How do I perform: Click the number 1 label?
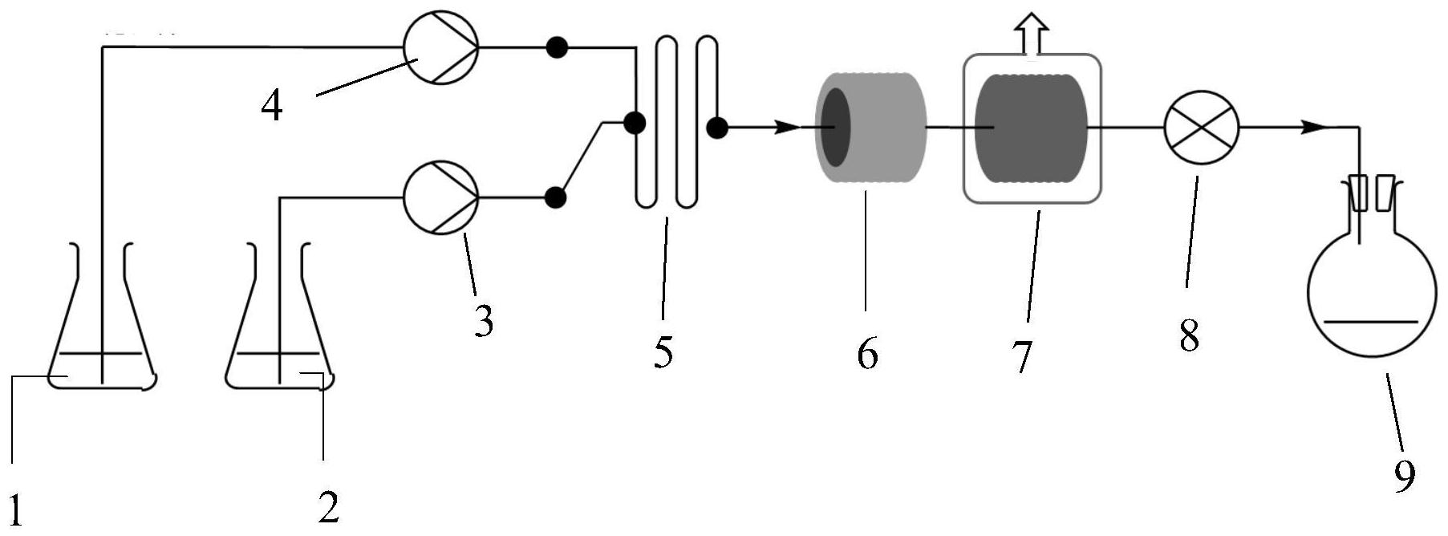coord(17,507)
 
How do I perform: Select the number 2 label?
coord(327,506)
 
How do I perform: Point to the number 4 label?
coord(272,106)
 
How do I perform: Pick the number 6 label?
coord(867,353)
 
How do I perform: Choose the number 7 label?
coord(1020,355)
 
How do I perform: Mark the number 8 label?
coord(1189,335)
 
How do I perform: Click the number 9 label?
coord(1404,477)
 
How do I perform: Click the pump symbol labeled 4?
coord(440,47)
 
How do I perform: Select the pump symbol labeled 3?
coord(440,197)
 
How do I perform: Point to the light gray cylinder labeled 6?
coord(870,128)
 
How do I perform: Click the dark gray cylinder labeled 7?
coord(1032,128)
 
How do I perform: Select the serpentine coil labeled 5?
coord(676,121)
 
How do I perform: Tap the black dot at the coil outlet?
coord(717,127)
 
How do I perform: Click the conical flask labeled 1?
coord(101,316)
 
